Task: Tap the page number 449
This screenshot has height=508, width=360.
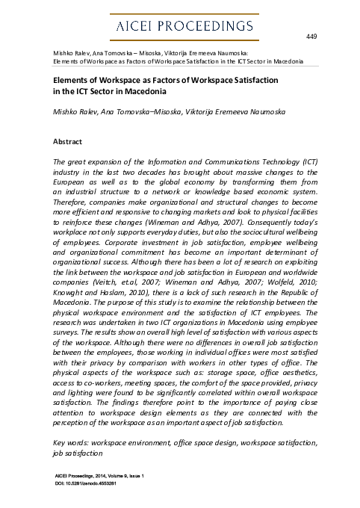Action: (312, 36)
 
